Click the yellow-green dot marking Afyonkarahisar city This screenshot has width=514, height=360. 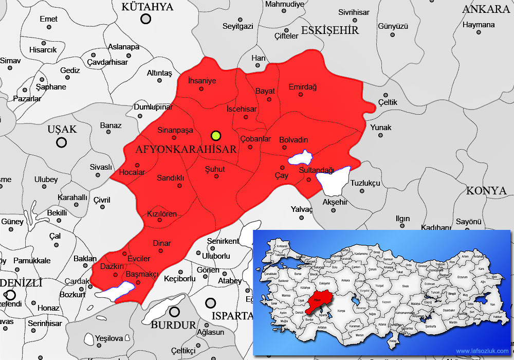tap(216, 136)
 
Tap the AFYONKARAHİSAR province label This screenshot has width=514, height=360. tap(186, 149)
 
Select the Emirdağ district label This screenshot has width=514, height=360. tap(303, 87)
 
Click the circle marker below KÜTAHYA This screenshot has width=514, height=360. tap(146, 19)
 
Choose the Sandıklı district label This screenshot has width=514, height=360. tap(171, 178)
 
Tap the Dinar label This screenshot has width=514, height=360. tap(162, 243)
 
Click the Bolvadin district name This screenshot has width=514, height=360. tap(293, 140)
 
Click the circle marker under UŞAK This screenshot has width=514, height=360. tap(62, 142)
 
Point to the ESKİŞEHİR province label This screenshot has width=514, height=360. tap(329, 30)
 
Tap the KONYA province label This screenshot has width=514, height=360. tap(486, 191)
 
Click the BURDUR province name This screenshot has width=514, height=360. tap(174, 325)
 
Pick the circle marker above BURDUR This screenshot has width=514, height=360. tap(175, 312)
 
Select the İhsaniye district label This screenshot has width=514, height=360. tap(202, 81)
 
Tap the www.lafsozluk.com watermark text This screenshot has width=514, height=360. tap(481, 351)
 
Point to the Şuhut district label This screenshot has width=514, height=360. tap(215, 169)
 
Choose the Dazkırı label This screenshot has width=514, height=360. tap(112, 266)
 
